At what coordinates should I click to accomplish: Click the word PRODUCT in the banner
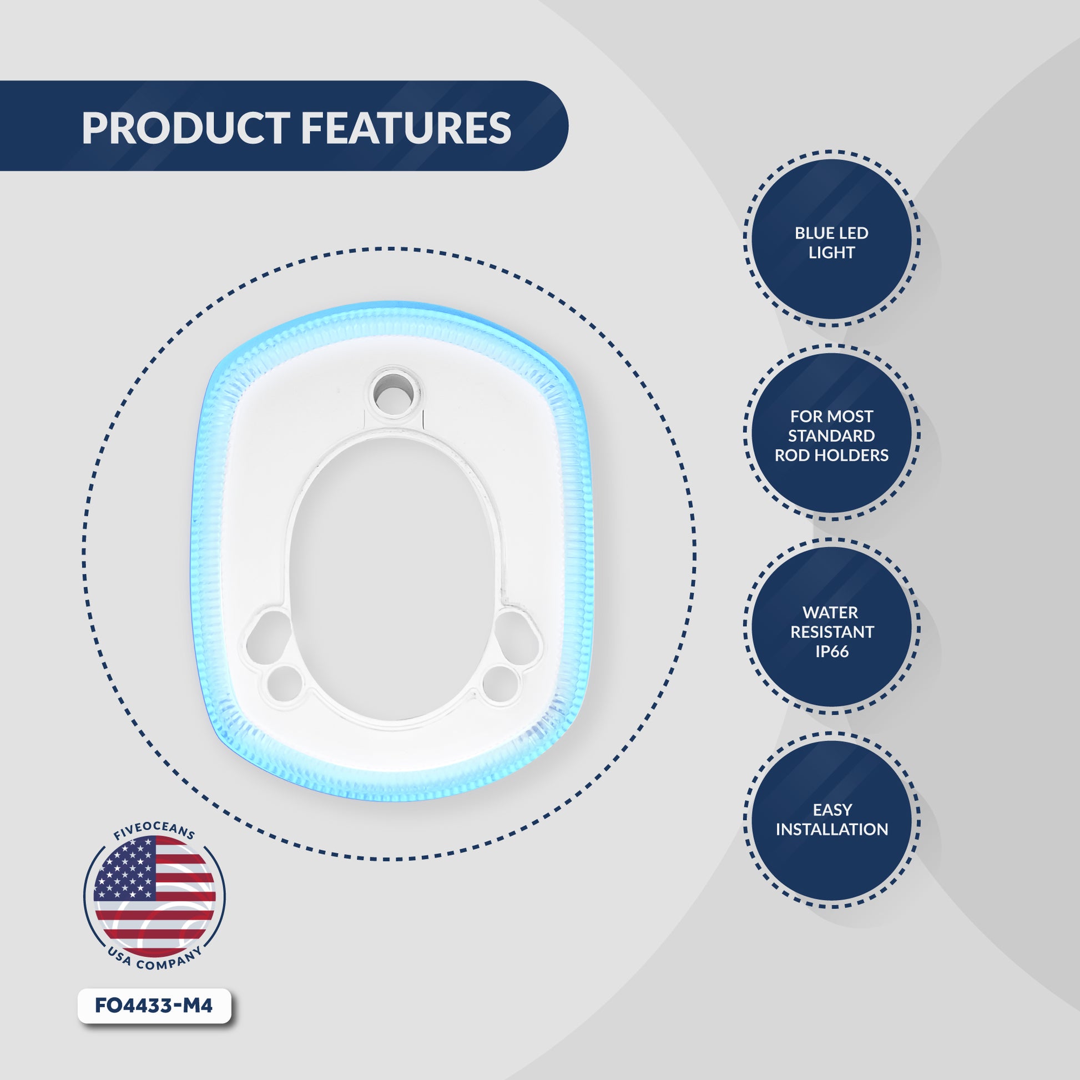coord(185,128)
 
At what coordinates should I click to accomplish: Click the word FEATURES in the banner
coord(406,128)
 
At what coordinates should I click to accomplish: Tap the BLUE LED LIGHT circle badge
coord(831,239)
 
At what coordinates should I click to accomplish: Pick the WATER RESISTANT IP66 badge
coord(831,627)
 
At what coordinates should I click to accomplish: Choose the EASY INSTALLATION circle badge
coord(831,820)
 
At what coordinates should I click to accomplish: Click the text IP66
coord(832,652)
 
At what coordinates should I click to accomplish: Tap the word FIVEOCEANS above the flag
coord(154,831)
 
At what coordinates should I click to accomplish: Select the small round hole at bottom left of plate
coord(285,684)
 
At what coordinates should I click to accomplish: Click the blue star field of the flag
coord(124,871)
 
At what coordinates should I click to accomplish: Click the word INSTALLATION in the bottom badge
coord(832,830)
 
